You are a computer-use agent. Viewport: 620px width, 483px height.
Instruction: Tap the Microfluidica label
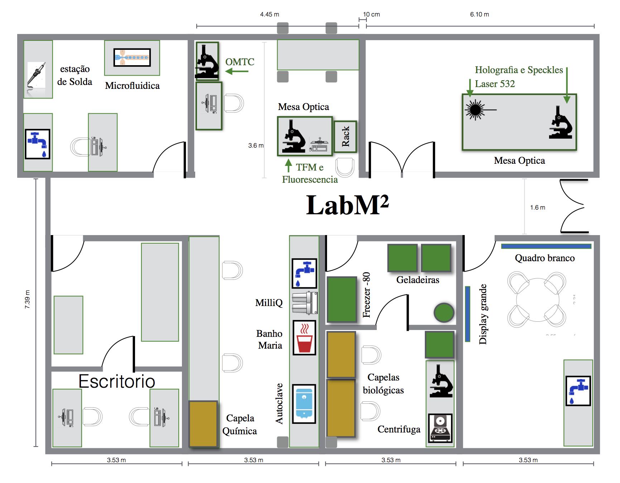coord(132,86)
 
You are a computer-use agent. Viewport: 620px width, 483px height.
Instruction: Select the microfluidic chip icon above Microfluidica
coord(132,57)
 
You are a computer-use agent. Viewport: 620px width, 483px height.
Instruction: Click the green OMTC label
coord(240,62)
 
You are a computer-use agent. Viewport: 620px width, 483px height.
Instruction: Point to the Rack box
coord(345,137)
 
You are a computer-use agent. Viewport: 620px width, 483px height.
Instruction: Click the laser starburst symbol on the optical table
coord(475,110)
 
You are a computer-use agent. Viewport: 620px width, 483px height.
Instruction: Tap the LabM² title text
coord(347,205)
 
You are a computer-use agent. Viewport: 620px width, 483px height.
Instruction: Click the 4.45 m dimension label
coord(269,14)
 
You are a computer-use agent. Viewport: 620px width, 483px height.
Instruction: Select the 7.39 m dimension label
coord(28,299)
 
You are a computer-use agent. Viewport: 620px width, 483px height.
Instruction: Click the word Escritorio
coord(117,381)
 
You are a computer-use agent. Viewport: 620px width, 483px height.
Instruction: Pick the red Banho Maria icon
coord(304,338)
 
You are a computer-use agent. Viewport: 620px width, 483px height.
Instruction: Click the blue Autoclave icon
coord(304,404)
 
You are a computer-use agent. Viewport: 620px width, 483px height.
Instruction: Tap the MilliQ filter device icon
coord(305,303)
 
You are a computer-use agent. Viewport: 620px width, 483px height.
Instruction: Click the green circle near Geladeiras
coord(444,312)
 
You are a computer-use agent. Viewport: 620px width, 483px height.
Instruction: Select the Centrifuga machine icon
coord(440,428)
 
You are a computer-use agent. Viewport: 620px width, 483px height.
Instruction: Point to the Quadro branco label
coord(544,258)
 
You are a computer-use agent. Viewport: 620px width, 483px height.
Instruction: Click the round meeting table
coord(537,300)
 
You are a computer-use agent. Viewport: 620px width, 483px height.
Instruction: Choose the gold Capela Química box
coord(203,424)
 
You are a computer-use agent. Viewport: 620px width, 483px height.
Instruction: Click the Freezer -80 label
coord(366,295)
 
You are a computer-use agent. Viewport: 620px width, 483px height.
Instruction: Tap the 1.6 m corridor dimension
coord(538,207)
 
